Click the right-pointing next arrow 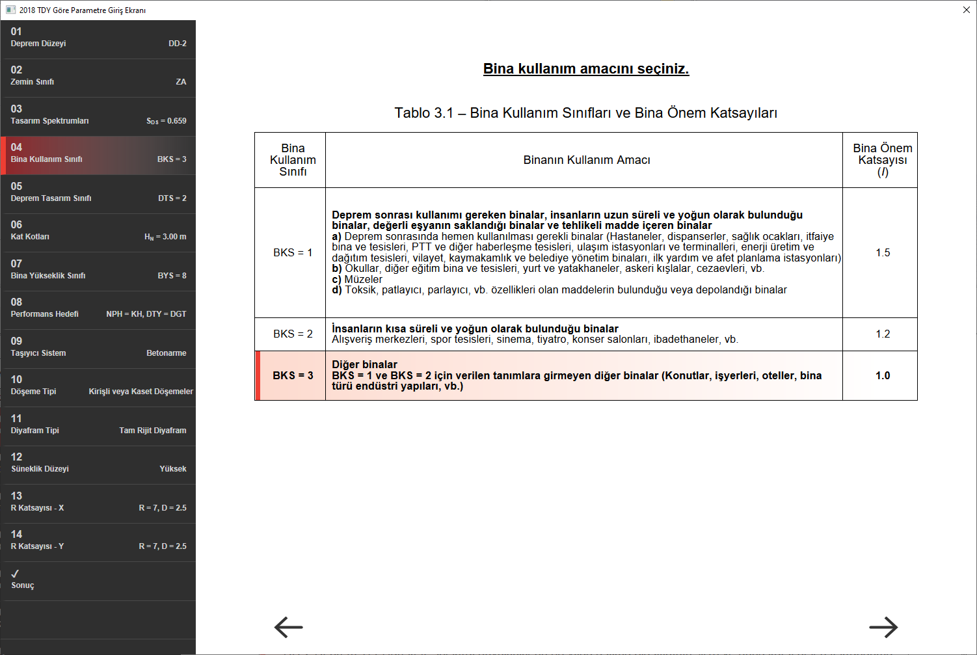coord(883,627)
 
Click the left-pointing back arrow coord(289,627)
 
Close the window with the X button coord(966,10)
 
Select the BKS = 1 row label coord(293,252)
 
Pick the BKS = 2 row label coord(293,334)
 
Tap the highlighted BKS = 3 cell coord(293,375)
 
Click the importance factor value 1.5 coord(883,252)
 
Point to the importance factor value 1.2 coord(883,334)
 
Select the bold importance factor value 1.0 coord(883,375)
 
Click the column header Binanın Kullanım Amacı coord(587,160)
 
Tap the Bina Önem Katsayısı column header coord(883,160)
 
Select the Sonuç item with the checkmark coord(98,580)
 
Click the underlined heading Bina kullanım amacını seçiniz coord(586,69)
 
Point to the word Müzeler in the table coord(363,279)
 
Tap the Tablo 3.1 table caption coord(585,113)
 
